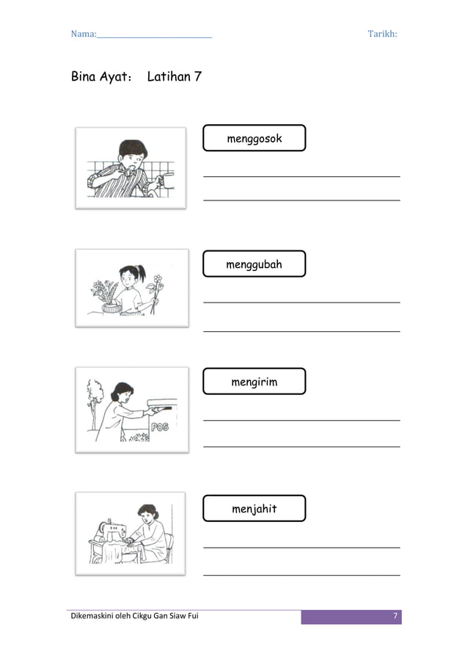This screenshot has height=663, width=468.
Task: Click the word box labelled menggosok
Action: [x=254, y=138]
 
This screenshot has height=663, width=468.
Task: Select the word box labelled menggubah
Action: [x=254, y=264]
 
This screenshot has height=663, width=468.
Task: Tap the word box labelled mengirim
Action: [x=254, y=382]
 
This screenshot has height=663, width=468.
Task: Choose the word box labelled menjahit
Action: [x=254, y=508]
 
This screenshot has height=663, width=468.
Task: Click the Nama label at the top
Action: [x=82, y=34]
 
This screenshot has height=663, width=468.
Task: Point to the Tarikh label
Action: [x=382, y=34]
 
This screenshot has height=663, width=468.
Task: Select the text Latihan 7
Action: [x=175, y=76]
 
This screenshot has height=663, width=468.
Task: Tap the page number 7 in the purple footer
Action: [x=395, y=616]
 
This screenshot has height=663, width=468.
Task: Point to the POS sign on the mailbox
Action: [x=160, y=426]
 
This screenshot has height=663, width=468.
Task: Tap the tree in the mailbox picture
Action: [x=93, y=400]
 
